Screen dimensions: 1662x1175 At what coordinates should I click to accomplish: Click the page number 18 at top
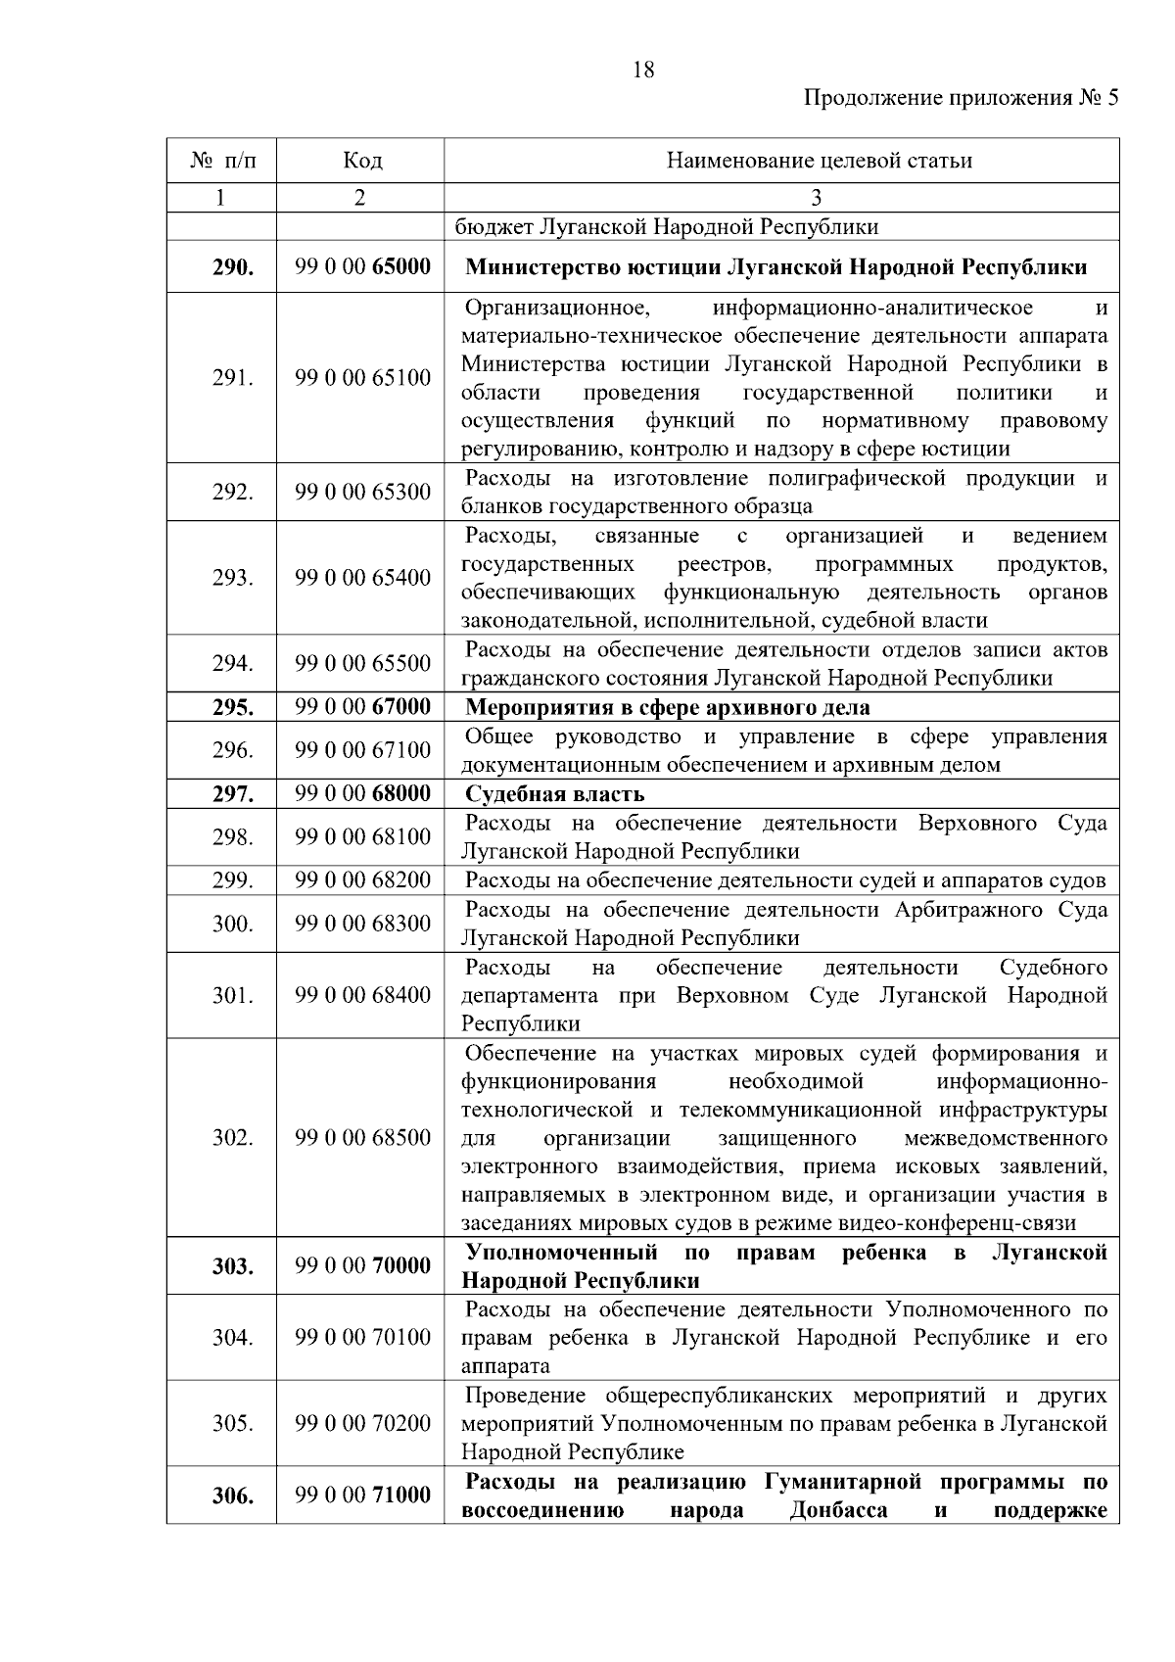tap(644, 70)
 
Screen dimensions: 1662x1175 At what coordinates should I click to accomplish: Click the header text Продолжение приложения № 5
tap(960, 98)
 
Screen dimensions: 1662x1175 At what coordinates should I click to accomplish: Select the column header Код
tap(362, 161)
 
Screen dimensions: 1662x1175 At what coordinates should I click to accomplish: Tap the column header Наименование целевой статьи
tap(819, 161)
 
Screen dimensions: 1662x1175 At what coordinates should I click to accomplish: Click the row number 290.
tap(233, 267)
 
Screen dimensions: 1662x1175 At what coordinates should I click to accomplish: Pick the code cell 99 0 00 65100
tap(362, 378)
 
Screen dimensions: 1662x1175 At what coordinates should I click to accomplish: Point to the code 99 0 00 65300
tap(362, 492)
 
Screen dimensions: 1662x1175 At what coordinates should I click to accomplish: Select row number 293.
tap(233, 578)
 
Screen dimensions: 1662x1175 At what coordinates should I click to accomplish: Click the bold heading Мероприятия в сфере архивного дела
tap(667, 707)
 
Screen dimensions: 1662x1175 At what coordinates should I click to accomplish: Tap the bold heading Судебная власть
tap(554, 793)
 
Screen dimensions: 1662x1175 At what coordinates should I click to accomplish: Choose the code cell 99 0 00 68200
tap(362, 879)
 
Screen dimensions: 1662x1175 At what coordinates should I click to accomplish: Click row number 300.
tap(233, 924)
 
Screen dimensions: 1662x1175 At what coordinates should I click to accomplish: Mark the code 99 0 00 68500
tap(362, 1138)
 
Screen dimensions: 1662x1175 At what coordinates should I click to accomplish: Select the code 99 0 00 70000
tap(362, 1266)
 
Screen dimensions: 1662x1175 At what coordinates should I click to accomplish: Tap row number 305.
tap(233, 1424)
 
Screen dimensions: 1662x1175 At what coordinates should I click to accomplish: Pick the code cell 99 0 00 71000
tap(362, 1496)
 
